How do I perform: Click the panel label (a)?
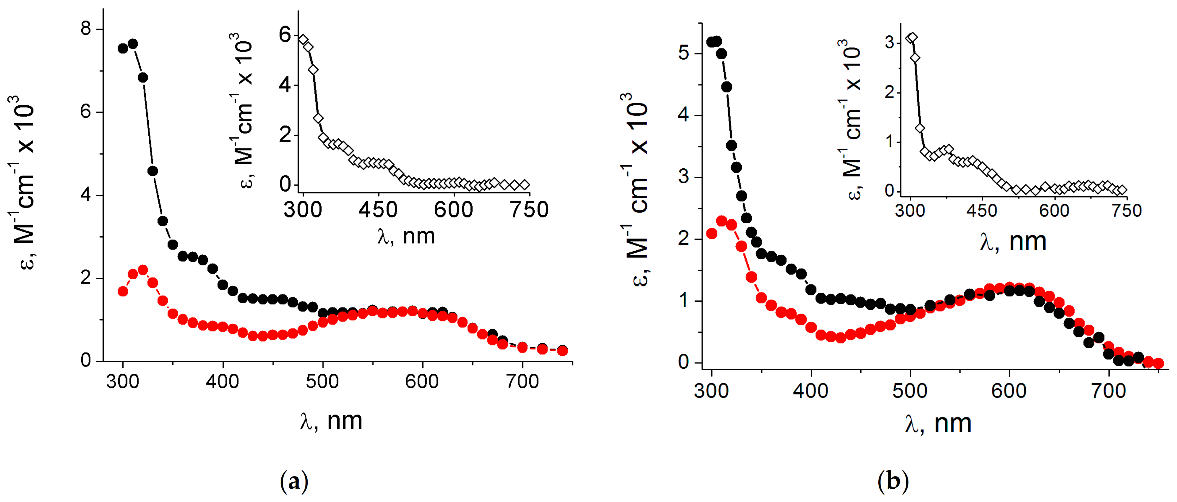pyautogui.click(x=294, y=481)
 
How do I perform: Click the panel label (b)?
pyautogui.click(x=893, y=481)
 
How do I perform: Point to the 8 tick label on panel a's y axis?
pyautogui.click(x=86, y=29)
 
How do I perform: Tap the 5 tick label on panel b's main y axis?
pyautogui.click(x=684, y=53)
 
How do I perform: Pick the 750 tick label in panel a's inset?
pyautogui.click(x=529, y=210)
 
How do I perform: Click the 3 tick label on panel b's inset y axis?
pyautogui.click(x=890, y=43)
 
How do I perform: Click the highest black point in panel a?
pyautogui.click(x=133, y=44)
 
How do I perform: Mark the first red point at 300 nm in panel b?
pyautogui.click(x=711, y=234)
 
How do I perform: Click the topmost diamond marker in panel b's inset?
pyautogui.click(x=912, y=38)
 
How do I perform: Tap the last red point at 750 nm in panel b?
pyautogui.click(x=1158, y=363)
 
